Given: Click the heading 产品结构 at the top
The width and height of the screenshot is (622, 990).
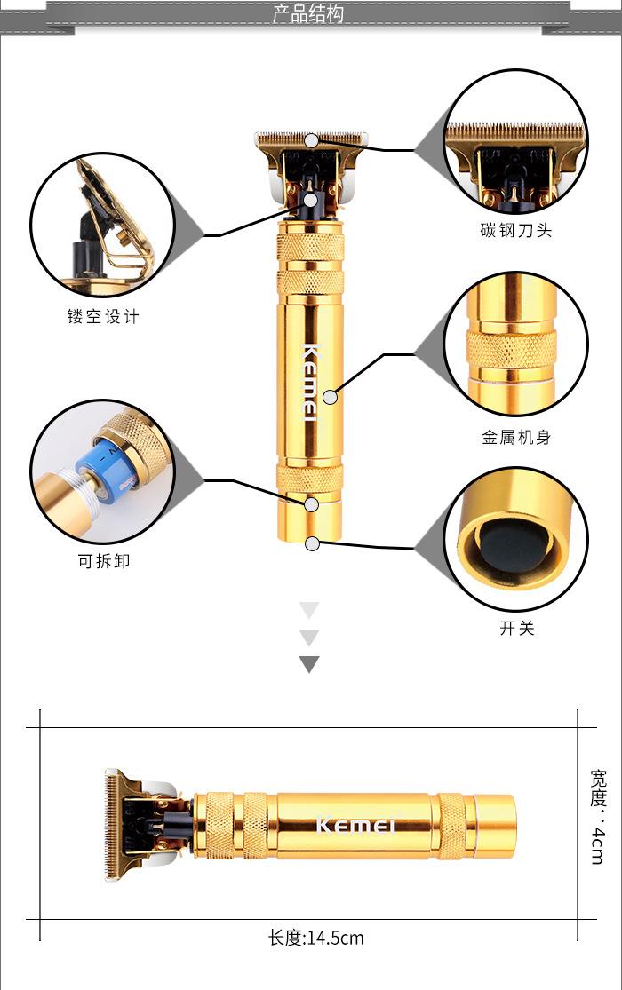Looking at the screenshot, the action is [x=307, y=14].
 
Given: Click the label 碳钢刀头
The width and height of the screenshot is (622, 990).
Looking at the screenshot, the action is [x=515, y=230].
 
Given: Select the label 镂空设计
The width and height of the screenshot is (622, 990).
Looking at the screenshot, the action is [x=103, y=316].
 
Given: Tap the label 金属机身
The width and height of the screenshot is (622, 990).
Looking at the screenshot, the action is [x=516, y=437].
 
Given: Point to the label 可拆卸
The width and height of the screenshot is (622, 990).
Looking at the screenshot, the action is [x=103, y=561].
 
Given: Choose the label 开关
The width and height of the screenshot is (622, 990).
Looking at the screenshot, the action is [x=516, y=628].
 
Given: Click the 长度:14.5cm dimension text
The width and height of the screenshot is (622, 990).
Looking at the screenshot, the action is [x=316, y=938].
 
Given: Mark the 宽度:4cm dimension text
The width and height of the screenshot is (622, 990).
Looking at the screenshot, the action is [x=598, y=816].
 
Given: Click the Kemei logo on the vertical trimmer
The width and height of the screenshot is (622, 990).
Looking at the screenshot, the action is [x=311, y=382].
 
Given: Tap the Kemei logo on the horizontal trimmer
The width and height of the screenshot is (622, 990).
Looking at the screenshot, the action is [x=355, y=825].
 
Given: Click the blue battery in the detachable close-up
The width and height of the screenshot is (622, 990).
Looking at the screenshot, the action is [x=108, y=465].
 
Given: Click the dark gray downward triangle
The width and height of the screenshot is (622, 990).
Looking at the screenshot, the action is [x=309, y=663].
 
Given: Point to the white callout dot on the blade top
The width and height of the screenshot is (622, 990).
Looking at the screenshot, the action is [x=311, y=140].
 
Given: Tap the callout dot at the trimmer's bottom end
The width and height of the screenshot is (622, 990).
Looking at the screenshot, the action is [x=312, y=543].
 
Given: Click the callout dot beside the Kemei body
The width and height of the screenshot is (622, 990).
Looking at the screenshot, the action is [x=330, y=396].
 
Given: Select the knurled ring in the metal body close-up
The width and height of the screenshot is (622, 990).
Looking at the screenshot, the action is [x=513, y=349].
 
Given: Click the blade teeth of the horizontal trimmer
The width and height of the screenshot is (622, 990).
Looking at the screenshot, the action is [x=111, y=825].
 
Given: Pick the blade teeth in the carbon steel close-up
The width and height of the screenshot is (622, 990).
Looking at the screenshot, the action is [x=514, y=131].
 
